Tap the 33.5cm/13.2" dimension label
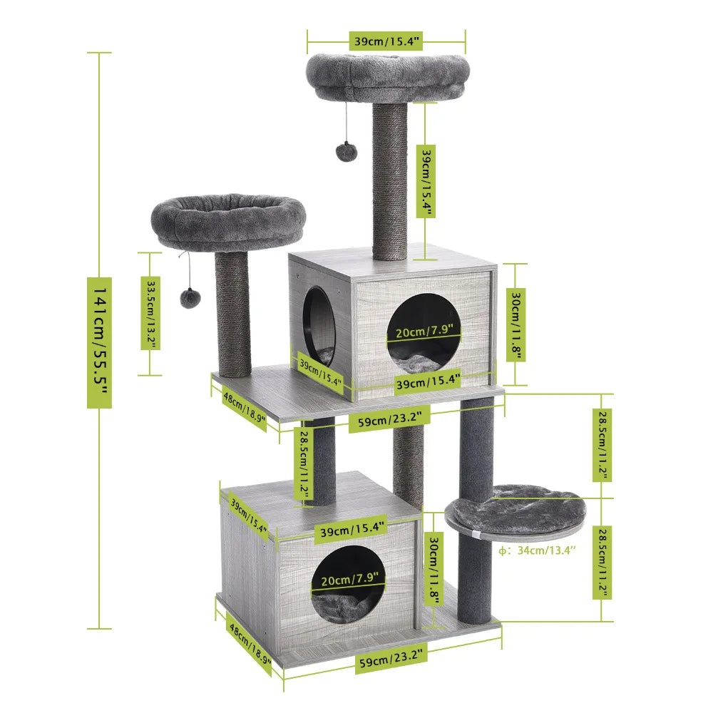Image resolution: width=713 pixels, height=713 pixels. point(150,313)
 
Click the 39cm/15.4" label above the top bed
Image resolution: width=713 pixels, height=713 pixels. point(386,41)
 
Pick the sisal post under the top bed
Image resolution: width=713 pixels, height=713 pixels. point(389,182)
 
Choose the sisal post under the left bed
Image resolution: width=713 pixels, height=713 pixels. point(234,314)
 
